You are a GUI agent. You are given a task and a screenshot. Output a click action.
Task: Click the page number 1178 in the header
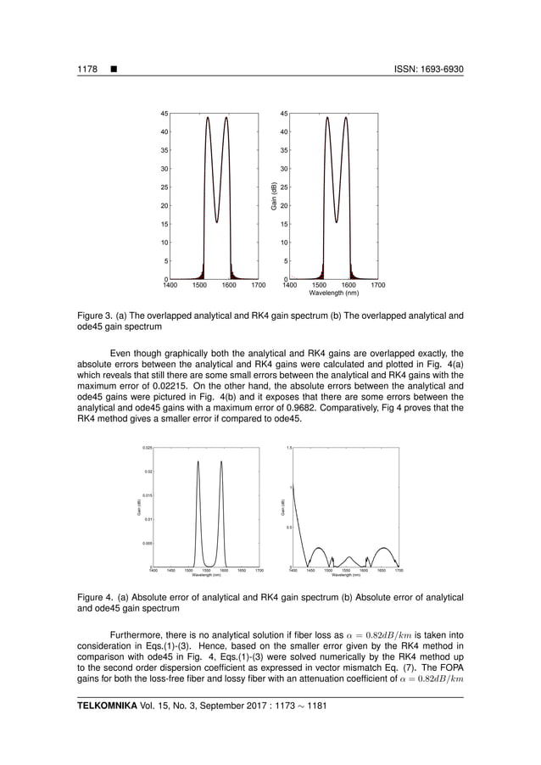coord(86,68)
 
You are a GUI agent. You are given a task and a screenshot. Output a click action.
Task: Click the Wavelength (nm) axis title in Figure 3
coord(333,293)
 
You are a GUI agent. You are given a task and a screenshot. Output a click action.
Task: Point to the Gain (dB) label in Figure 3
coord(274,196)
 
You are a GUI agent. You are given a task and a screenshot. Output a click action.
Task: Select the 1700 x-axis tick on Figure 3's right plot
coord(378,286)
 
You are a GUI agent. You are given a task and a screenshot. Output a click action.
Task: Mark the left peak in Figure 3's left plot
coord(208,119)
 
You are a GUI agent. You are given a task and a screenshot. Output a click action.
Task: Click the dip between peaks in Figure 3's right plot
coord(337,222)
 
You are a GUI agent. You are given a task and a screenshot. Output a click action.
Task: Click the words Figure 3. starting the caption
coord(95,315)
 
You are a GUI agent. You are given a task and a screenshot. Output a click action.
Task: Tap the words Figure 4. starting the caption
coord(95,598)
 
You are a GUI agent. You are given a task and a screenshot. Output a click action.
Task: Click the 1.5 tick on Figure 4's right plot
coord(288,447)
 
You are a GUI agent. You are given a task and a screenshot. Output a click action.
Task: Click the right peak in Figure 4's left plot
coord(221,463)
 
